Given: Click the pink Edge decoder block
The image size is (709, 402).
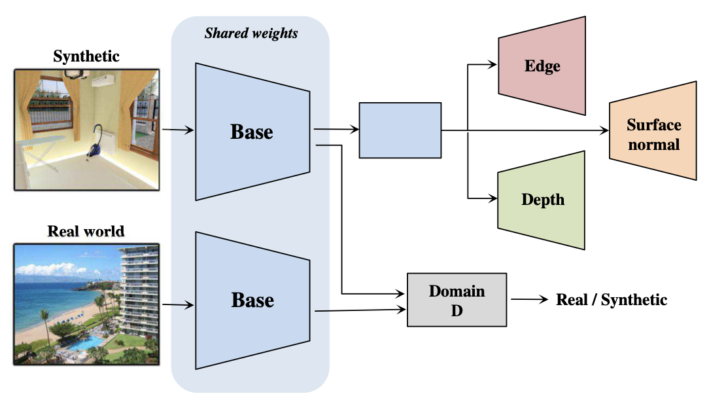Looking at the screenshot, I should tap(542, 66).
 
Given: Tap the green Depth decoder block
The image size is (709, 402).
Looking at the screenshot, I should tap(542, 200).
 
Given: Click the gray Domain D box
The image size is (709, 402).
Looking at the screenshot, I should tap(457, 300).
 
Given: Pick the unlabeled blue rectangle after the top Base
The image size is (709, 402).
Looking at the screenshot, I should tap(400, 130).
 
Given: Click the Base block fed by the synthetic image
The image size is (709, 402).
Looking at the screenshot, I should tap(252, 132).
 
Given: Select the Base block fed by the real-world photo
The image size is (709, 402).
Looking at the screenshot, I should tap(252, 300).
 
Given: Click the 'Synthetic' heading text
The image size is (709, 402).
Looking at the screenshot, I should tap(86, 56).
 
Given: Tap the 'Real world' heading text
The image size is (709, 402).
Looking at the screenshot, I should tap(86, 231).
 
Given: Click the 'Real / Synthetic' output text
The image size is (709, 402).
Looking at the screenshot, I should tap(611, 300).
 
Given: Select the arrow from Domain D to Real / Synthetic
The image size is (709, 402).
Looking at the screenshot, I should tap(530, 300).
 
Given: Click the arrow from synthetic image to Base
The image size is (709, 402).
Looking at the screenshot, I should tap(178, 130).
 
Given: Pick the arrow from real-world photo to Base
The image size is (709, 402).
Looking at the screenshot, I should tap(178, 304).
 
